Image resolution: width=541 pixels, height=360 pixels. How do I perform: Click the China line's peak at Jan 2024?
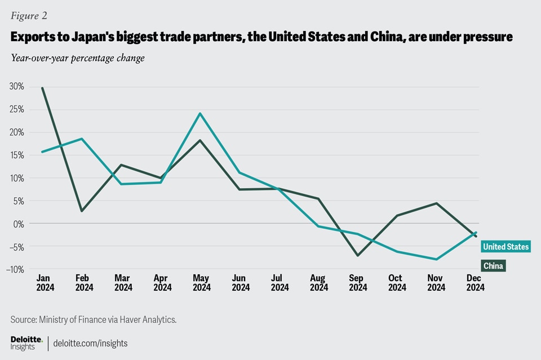pos(42,88)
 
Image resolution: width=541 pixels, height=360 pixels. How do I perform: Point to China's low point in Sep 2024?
pos(358,255)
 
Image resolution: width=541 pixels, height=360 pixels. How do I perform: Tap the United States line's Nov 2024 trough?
pos(436,259)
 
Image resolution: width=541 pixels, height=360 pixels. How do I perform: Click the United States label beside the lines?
pos(505,247)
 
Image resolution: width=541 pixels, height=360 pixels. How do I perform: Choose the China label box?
pos(493,265)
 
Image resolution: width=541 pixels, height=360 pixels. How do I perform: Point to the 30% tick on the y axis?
pos(16,86)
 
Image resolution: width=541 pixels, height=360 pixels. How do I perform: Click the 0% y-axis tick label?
pos(19,224)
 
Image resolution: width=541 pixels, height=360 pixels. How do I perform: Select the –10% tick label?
pos(16,269)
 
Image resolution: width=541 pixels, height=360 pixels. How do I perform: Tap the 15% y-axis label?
pos(16,155)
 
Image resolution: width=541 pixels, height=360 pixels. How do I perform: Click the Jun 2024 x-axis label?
pos(241,283)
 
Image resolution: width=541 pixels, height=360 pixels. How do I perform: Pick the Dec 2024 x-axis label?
pos(475,283)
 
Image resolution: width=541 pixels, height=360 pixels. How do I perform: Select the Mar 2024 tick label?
pos(123,283)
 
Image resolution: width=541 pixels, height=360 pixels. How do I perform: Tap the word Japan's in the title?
pos(74,37)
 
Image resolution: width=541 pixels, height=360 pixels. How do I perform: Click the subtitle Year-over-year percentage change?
pos(77,58)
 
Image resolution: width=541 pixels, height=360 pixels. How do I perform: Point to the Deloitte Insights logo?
pos(26,343)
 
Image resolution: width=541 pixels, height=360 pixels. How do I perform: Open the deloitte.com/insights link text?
pos(90,343)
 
